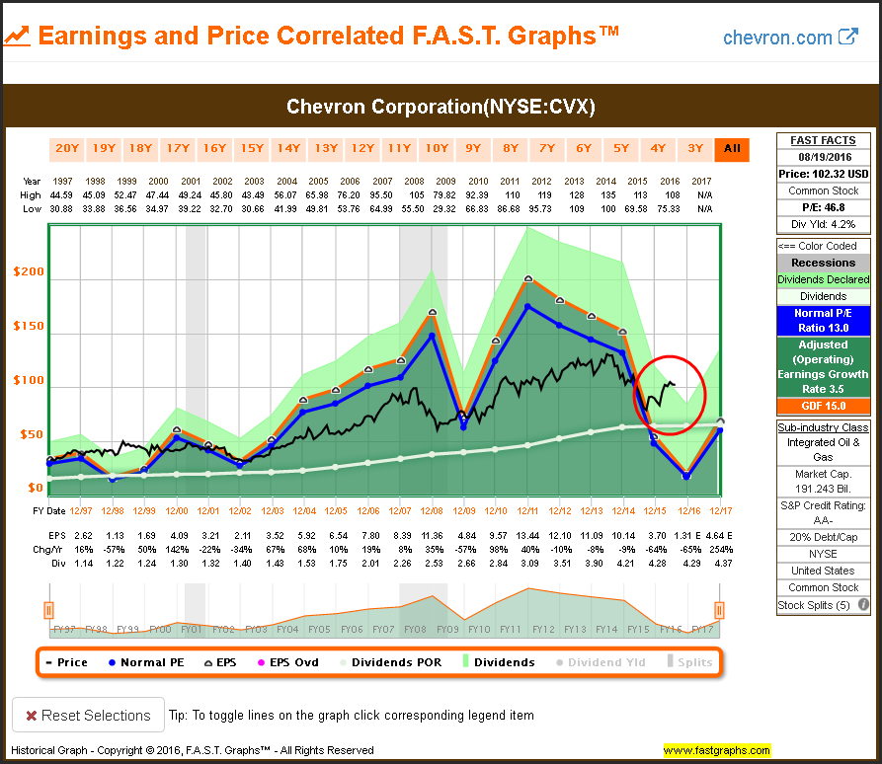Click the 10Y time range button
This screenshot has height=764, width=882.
tap(436, 149)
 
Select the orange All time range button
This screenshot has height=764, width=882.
tap(732, 149)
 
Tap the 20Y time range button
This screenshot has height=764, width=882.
tap(66, 149)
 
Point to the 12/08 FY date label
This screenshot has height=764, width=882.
tap(431, 511)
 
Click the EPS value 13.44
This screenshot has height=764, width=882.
tap(526, 534)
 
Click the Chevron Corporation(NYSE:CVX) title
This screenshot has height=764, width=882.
tap(441, 107)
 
